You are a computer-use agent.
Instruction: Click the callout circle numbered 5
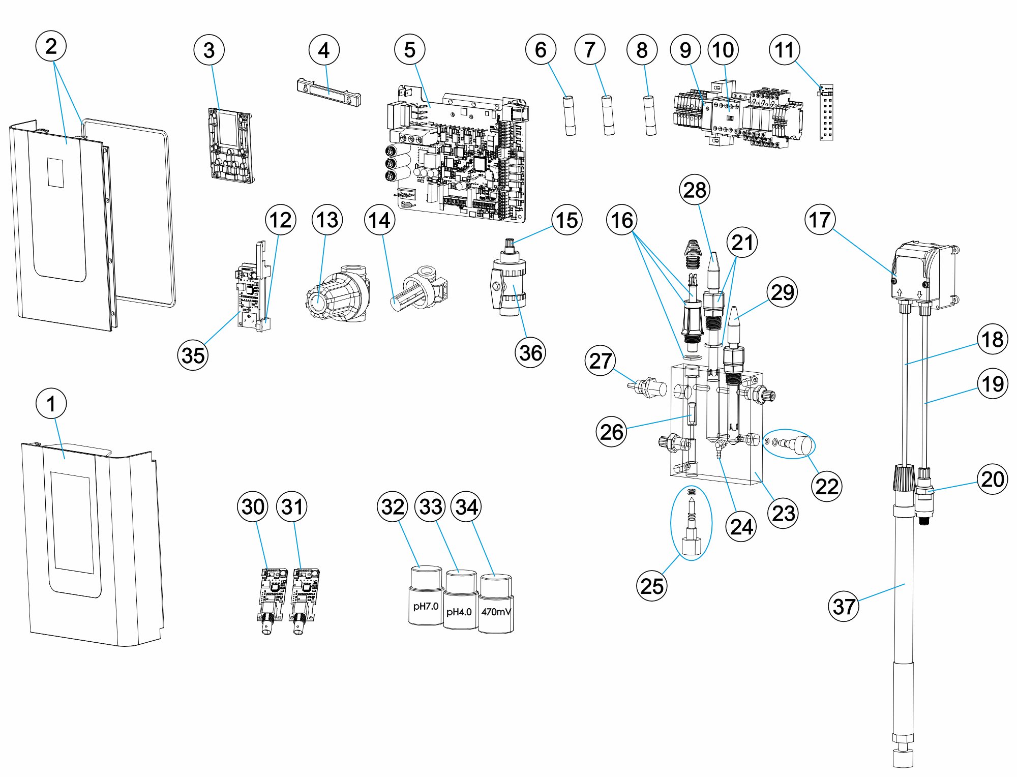click(x=409, y=50)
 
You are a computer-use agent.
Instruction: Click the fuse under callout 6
click(x=570, y=115)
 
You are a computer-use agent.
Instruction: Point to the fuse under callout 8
click(x=650, y=115)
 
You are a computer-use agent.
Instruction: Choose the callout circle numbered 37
click(x=844, y=606)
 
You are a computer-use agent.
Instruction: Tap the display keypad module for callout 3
click(x=231, y=144)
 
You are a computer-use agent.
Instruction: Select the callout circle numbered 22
click(x=827, y=486)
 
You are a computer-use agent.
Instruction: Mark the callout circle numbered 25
click(x=652, y=586)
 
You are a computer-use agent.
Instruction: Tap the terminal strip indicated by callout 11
click(x=826, y=113)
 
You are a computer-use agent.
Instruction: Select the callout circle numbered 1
click(x=51, y=404)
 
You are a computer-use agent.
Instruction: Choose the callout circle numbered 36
click(x=530, y=352)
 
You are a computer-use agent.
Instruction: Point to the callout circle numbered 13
click(x=327, y=220)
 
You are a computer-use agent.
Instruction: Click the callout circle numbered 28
click(x=695, y=190)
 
